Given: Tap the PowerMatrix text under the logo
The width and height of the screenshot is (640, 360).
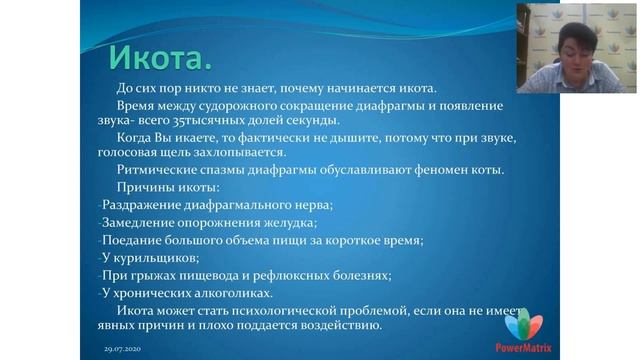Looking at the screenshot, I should tap(524, 347).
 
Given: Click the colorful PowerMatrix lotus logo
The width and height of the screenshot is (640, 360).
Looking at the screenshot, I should tap(523, 324).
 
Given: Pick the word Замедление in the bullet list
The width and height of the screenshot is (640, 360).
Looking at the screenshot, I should tap(139, 222).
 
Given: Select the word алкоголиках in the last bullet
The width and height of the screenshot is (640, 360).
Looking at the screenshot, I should tap(234, 292).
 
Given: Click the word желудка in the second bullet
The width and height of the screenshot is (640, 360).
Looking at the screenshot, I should tap(289, 222).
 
